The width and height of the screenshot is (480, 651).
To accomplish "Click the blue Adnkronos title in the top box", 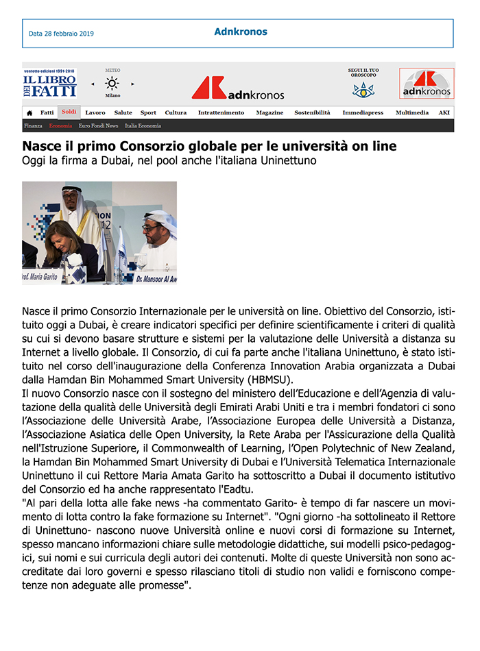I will [x=241, y=32].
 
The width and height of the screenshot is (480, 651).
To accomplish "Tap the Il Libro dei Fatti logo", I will [x=49, y=83].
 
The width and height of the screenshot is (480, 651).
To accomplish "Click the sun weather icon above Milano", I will [x=112, y=84].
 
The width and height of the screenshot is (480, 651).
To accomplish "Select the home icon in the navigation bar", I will [x=29, y=112].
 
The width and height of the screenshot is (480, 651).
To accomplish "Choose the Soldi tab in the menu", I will [x=69, y=112].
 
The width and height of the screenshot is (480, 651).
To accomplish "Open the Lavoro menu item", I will [x=95, y=112].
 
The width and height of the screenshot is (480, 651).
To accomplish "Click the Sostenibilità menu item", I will [x=312, y=112].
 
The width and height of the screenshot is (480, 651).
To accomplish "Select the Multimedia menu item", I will [x=412, y=112].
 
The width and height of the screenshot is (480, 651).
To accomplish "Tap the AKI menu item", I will [x=444, y=112].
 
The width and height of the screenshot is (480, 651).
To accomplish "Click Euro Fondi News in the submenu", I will [x=98, y=126].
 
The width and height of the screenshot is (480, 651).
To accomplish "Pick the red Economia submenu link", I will [x=60, y=126].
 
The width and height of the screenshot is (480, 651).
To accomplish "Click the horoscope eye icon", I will [x=363, y=90].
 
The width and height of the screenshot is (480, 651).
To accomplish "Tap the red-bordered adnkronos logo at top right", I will [x=426, y=84].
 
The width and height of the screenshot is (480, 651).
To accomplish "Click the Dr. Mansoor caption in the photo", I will [x=157, y=278].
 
